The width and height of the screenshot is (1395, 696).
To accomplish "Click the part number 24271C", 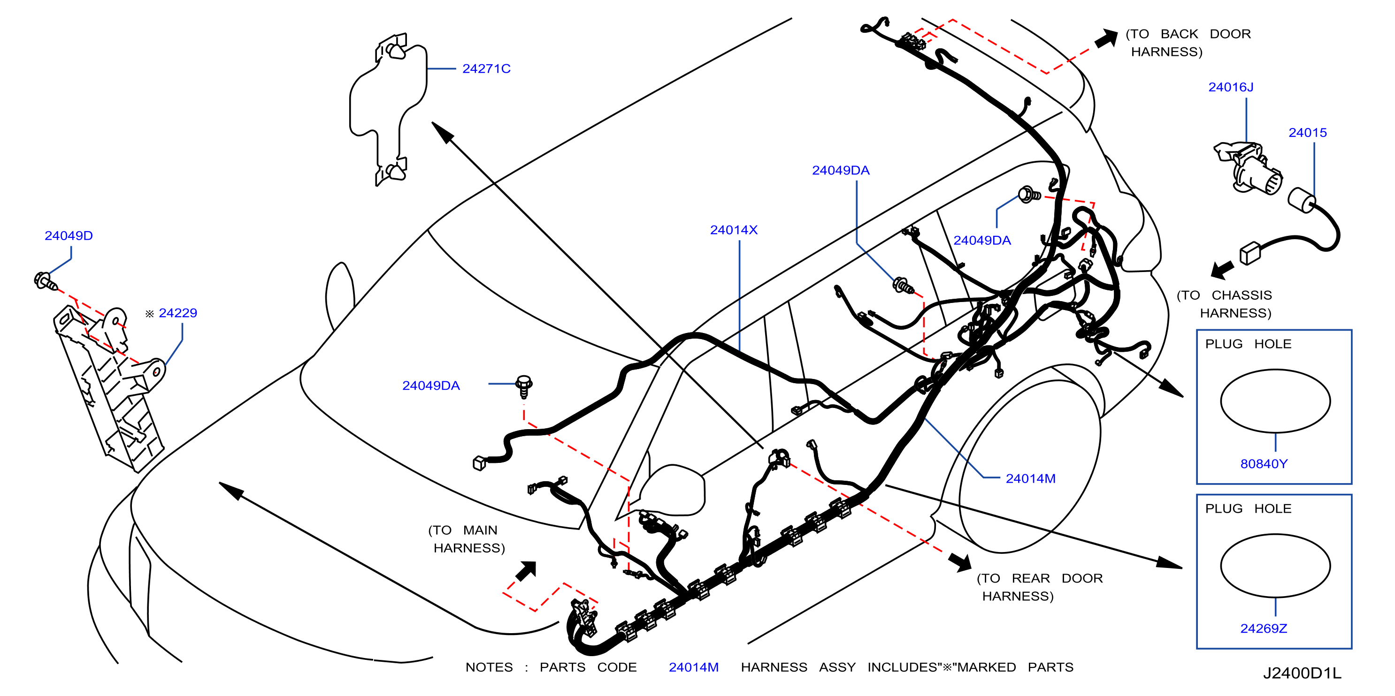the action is (486, 69).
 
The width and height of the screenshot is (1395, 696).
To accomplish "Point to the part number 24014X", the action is (733, 230).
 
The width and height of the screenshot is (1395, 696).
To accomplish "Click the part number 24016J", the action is (1230, 87).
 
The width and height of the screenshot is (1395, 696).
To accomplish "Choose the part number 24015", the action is (1307, 133).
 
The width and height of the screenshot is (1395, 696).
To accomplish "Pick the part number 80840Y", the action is (1264, 464).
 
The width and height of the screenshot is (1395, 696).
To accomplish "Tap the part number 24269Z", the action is (1264, 628).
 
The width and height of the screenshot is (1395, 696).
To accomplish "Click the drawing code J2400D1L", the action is (1302, 673).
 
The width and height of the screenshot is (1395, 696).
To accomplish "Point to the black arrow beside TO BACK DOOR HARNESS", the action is (1107, 39).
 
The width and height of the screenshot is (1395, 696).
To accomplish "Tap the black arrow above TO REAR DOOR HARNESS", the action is (960, 562).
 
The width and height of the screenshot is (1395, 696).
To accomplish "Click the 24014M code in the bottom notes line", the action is (693, 667).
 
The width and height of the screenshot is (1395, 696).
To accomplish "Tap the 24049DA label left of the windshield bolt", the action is (430, 386).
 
